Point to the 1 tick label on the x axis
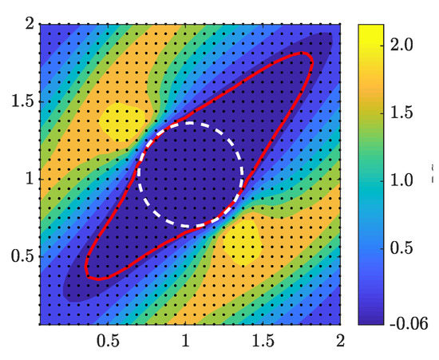point(186,341)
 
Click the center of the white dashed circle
point(190,175)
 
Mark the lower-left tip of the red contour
point(89,276)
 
